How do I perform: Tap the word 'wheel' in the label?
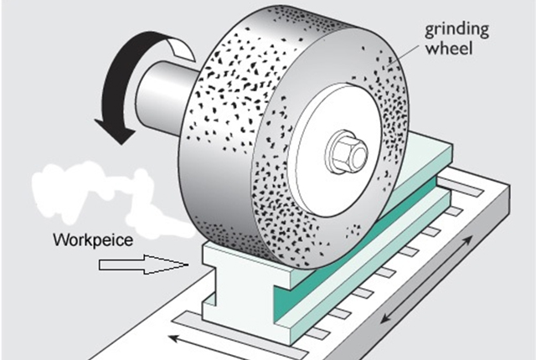(451, 49)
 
